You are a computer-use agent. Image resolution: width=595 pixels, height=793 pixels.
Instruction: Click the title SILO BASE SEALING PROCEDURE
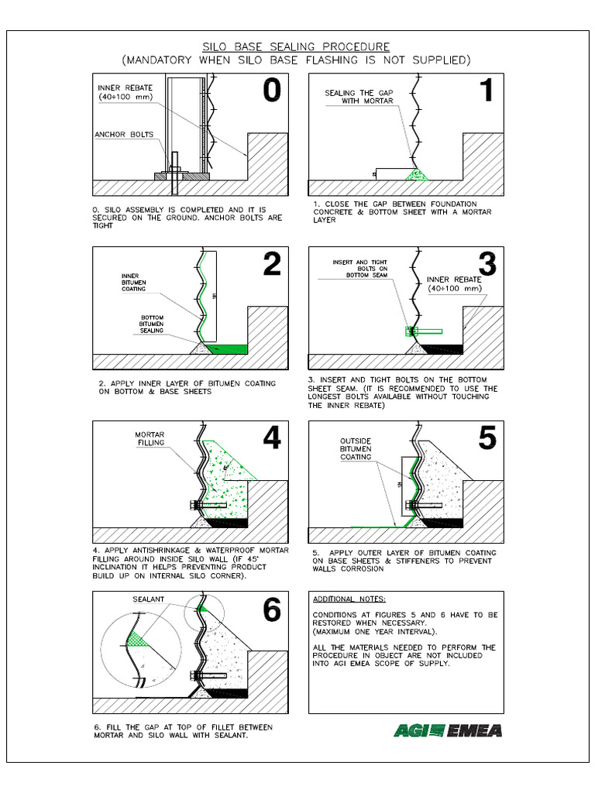click(x=296, y=47)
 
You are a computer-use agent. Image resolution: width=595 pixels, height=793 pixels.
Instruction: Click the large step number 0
click(x=271, y=91)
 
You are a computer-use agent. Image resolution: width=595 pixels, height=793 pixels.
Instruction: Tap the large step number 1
click(x=486, y=91)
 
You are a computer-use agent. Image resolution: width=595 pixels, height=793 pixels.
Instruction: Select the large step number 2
click(x=271, y=265)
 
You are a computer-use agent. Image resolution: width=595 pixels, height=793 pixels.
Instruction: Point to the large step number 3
click(x=486, y=265)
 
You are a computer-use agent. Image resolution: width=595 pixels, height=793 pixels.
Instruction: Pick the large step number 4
click(x=271, y=439)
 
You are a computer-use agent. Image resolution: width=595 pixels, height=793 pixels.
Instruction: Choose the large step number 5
click(x=486, y=439)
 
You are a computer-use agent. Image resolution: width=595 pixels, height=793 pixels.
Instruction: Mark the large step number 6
click(x=271, y=612)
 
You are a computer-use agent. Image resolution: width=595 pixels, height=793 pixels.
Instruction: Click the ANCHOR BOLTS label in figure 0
click(x=124, y=134)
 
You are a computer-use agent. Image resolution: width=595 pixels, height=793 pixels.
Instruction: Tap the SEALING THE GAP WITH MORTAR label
click(x=358, y=97)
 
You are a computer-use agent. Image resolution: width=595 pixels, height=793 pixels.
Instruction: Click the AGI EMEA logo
click(x=447, y=729)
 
